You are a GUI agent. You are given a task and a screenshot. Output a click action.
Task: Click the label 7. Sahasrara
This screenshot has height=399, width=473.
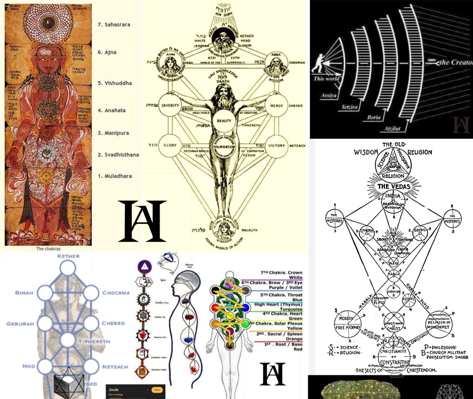point(114,24)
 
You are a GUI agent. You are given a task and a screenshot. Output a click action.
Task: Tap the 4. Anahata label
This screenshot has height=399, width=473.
point(112,110)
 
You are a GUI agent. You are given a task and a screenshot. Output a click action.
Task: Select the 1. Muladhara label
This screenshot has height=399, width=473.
point(115,176)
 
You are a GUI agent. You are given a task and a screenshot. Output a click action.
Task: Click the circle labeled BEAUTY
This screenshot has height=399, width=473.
point(224,120)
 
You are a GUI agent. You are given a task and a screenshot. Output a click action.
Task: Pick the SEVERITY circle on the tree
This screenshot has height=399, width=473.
point(170,106)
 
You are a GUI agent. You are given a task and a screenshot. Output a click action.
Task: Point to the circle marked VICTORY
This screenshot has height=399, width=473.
point(276,145)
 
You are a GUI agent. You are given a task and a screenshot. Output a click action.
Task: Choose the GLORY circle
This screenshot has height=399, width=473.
point(170,145)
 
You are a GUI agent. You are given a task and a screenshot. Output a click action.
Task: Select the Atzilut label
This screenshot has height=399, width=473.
point(393,129)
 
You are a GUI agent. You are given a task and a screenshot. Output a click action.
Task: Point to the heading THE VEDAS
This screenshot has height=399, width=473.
point(394,186)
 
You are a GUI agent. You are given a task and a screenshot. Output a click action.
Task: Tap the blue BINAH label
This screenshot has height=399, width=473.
point(24,293)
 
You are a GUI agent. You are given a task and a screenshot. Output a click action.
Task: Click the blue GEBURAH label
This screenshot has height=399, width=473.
point(20,324)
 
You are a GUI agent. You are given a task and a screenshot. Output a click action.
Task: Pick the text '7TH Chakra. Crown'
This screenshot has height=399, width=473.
point(281,273)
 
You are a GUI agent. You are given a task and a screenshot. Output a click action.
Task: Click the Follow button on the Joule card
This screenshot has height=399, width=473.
point(157,390)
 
